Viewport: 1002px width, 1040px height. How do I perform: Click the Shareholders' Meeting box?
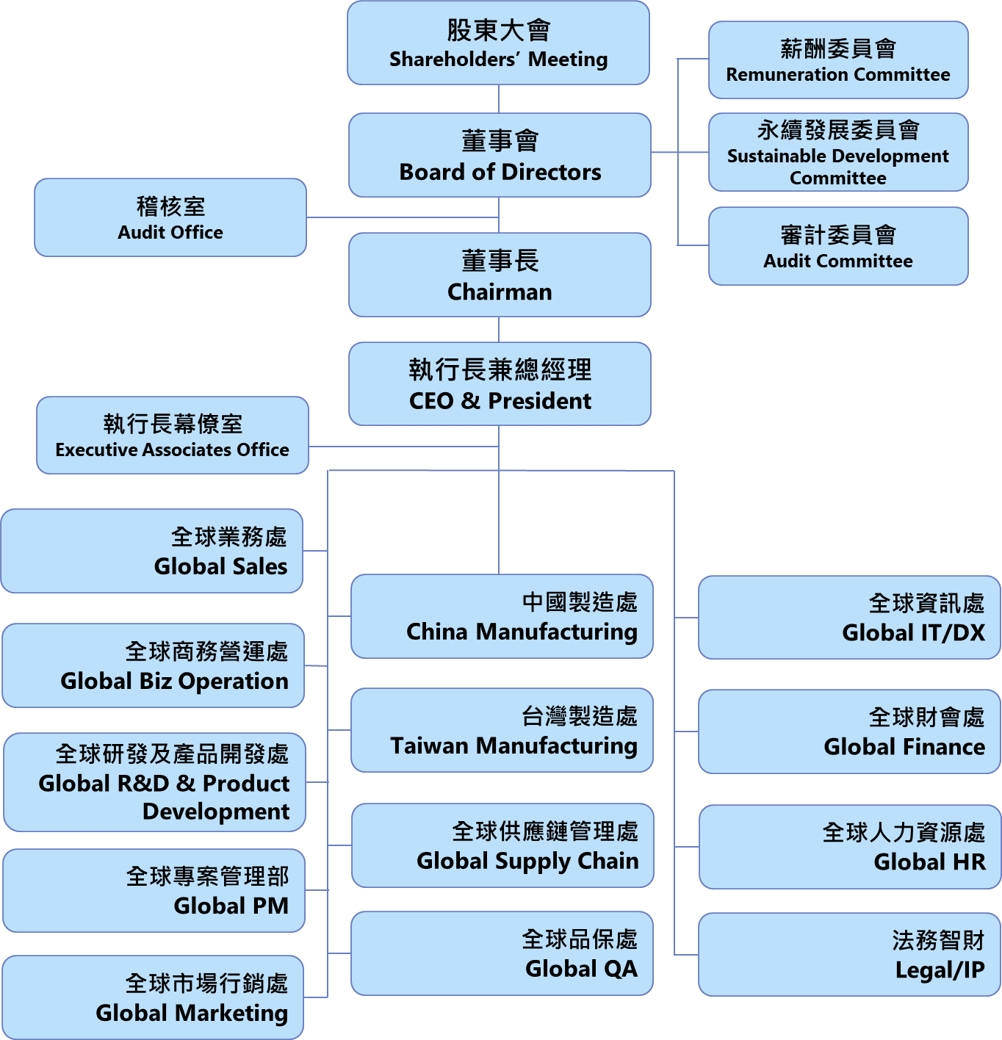click(x=498, y=43)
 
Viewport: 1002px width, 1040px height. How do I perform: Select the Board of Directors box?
click(x=500, y=155)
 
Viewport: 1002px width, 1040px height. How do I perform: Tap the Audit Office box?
click(x=170, y=217)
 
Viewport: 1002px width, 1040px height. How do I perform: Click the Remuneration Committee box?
click(x=838, y=60)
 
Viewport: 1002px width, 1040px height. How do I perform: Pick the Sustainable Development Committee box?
click(x=838, y=153)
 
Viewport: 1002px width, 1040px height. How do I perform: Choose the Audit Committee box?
click(x=838, y=246)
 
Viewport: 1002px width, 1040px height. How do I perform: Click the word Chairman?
click(x=500, y=292)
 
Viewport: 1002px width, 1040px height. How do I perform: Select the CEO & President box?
click(x=500, y=384)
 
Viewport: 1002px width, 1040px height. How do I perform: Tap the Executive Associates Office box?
click(x=173, y=436)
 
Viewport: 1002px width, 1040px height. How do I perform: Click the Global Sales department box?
click(x=152, y=551)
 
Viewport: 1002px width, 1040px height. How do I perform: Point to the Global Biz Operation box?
click(x=154, y=665)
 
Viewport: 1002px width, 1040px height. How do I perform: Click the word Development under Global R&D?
click(x=216, y=812)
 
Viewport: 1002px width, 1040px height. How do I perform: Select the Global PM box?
click(x=154, y=891)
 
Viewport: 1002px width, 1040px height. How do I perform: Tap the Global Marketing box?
click(x=153, y=997)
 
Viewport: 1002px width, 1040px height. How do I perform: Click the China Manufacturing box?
click(x=502, y=616)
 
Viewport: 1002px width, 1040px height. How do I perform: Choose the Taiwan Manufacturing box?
click(x=502, y=730)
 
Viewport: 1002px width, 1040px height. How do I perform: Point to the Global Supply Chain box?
click(x=502, y=845)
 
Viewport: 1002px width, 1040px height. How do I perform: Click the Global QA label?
click(x=581, y=969)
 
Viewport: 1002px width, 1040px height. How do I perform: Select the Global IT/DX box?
click(x=849, y=618)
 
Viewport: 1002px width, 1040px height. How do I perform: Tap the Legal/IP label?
click(x=940, y=970)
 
